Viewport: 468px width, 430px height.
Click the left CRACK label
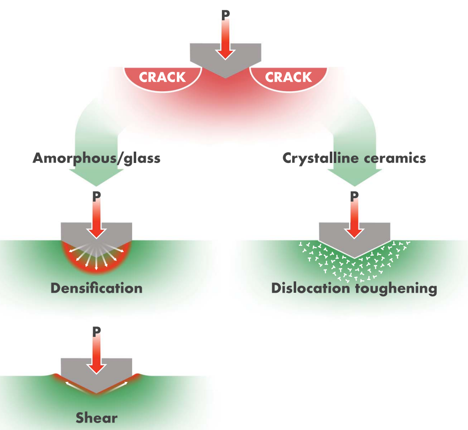(x=162, y=77)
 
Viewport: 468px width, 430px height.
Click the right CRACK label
(x=288, y=77)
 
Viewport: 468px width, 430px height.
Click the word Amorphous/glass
(x=96, y=158)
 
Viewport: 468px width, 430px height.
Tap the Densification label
(x=96, y=288)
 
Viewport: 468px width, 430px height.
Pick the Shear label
(x=96, y=417)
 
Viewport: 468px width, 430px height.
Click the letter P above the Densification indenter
(x=96, y=196)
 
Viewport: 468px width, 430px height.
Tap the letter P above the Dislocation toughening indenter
(x=354, y=196)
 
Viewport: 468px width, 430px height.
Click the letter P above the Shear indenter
(x=96, y=331)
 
